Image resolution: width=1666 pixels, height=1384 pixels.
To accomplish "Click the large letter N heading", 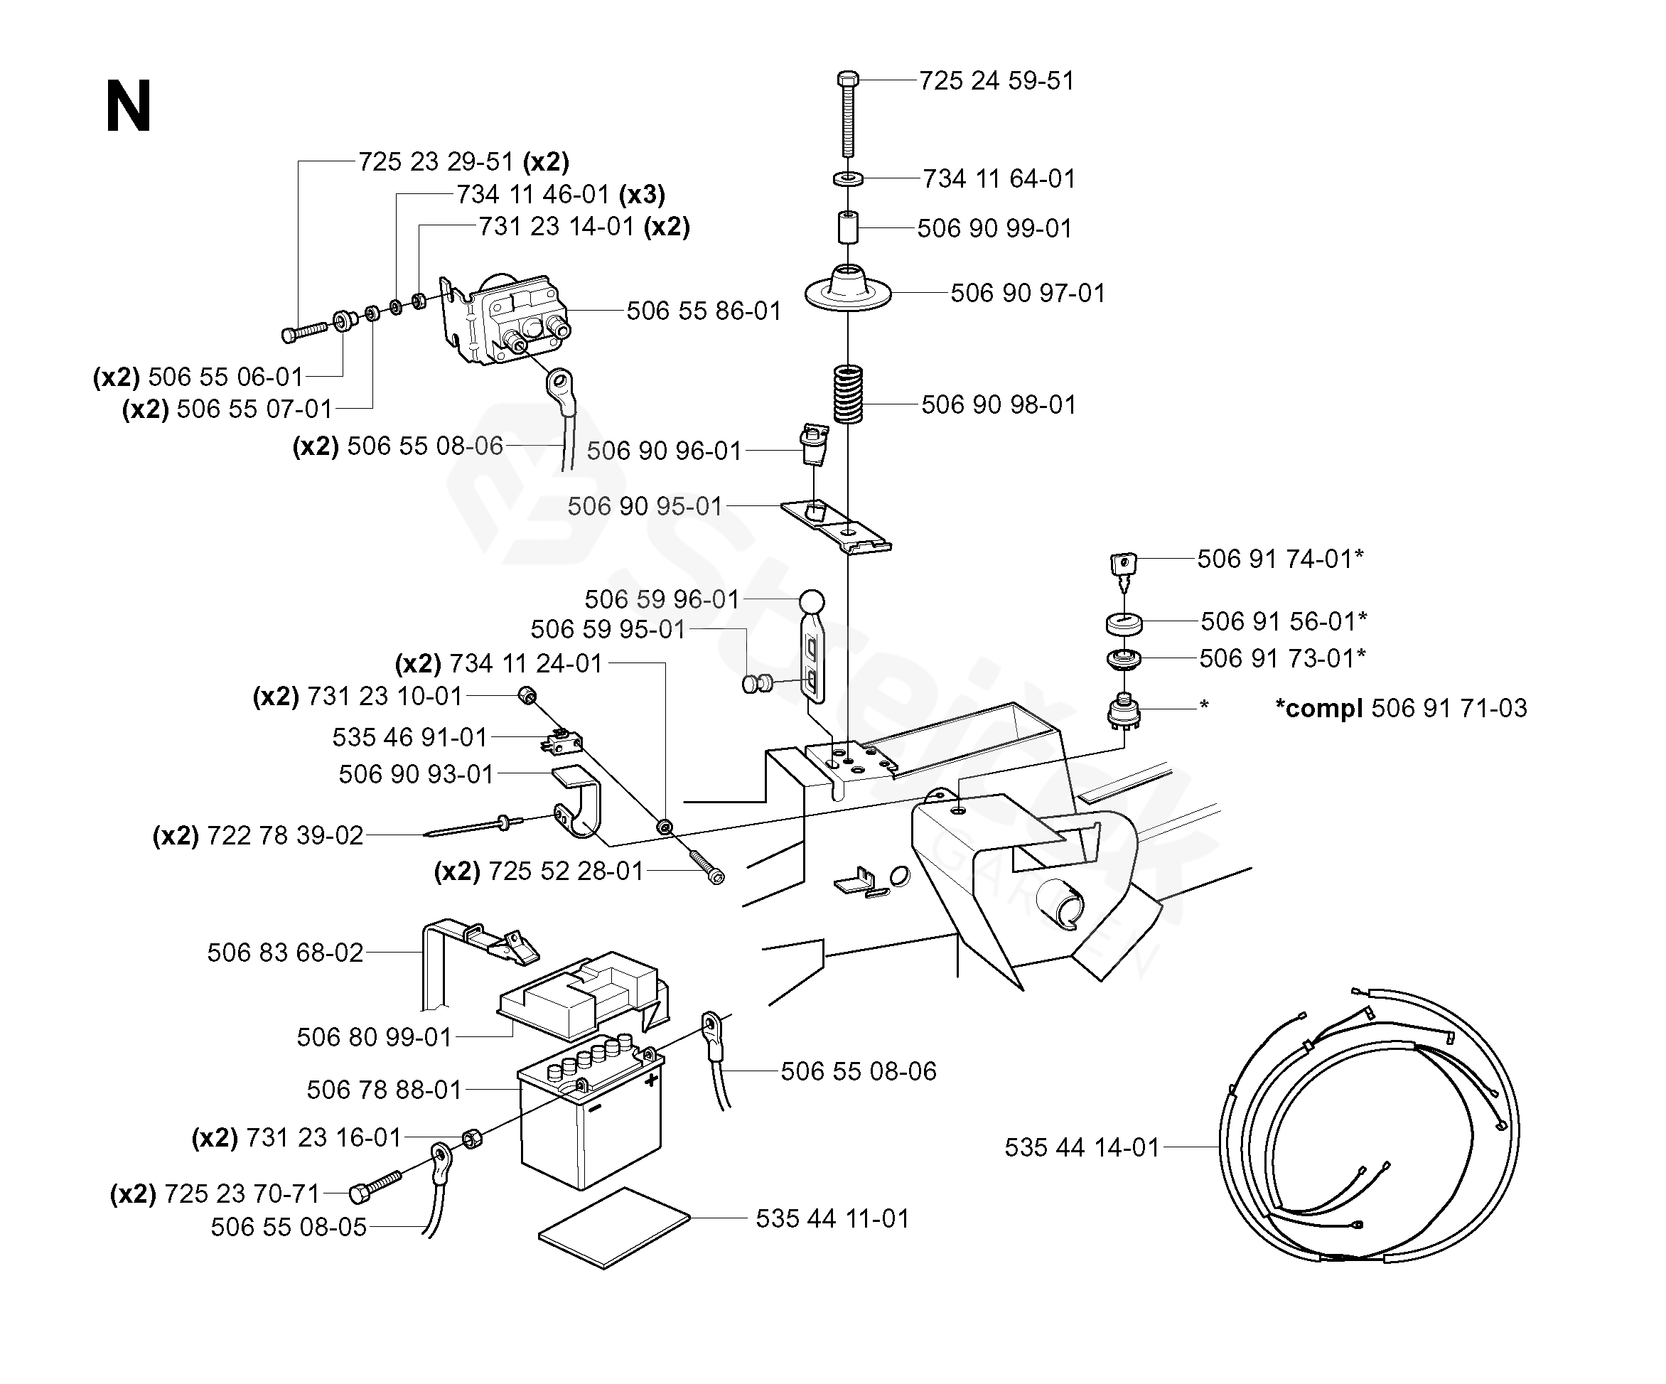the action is (128, 107).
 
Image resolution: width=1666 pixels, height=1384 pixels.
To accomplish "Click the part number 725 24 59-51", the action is (996, 81).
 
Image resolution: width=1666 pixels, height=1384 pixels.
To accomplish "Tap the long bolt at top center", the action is (847, 114).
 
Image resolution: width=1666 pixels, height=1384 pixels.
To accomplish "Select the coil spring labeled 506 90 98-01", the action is (848, 395).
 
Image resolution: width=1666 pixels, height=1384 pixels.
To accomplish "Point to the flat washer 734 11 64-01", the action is (848, 178).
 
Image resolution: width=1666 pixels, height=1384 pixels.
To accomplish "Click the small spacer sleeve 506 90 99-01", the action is (847, 227).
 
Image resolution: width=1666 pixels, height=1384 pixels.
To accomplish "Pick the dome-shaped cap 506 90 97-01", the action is (848, 289).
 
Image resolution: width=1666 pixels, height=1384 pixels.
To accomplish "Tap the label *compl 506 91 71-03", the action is (1400, 708).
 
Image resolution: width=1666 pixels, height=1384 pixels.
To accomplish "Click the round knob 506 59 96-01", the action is (811, 601).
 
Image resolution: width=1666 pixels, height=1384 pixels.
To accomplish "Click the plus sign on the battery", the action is (651, 1079).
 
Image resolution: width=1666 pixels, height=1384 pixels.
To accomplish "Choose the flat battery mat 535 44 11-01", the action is (614, 1228).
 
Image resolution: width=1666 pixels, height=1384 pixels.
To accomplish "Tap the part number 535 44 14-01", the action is (1082, 1147).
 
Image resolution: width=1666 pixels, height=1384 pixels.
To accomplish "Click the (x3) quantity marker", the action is (642, 195).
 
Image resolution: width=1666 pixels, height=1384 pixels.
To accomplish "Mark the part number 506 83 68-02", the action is (286, 953).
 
